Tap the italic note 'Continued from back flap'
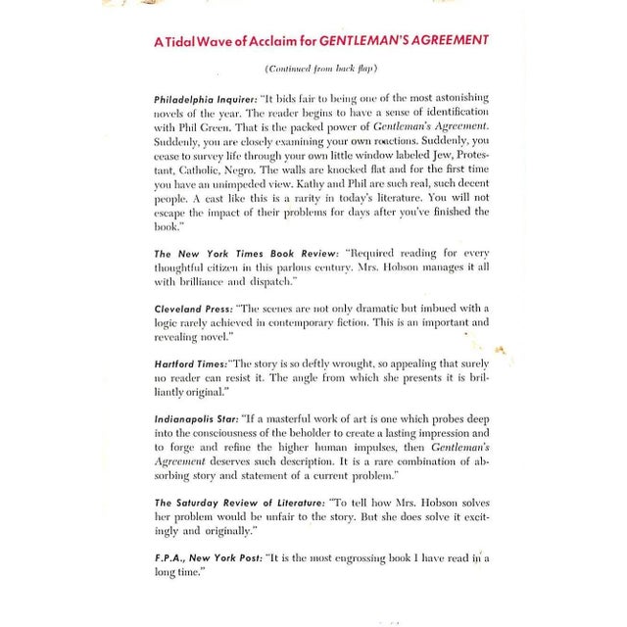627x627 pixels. pyautogui.click(x=320, y=69)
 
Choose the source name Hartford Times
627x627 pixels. pyautogui.click(x=189, y=362)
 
